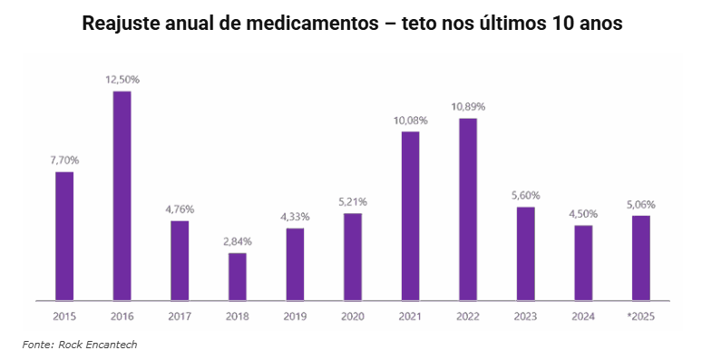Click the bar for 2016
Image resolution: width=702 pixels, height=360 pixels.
[122, 195]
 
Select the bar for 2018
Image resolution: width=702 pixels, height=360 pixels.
[237, 276]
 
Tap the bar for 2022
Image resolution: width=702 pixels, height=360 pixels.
[468, 209]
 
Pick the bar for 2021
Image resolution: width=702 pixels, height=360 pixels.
[410, 216]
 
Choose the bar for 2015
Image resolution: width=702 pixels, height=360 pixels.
[63, 236]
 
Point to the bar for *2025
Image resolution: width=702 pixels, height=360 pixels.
[640, 258]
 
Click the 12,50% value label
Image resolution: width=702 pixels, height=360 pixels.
[122, 80]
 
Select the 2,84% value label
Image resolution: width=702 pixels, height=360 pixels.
[237, 241]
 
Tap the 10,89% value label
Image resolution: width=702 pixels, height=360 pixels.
[468, 107]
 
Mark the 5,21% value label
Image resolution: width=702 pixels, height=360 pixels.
[352, 201]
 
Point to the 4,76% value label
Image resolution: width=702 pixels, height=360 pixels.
[180, 209]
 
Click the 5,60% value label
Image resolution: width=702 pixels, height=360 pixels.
[525, 195]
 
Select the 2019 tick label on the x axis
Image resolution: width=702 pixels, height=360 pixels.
[295, 316]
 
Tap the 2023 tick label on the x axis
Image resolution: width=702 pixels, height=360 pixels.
[525, 316]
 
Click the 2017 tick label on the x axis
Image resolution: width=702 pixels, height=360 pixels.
[180, 316]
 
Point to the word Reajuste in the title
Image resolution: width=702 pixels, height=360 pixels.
[117, 24]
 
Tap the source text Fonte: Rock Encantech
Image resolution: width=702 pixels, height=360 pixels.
[79, 345]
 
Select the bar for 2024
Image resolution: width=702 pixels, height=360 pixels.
[583, 262]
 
